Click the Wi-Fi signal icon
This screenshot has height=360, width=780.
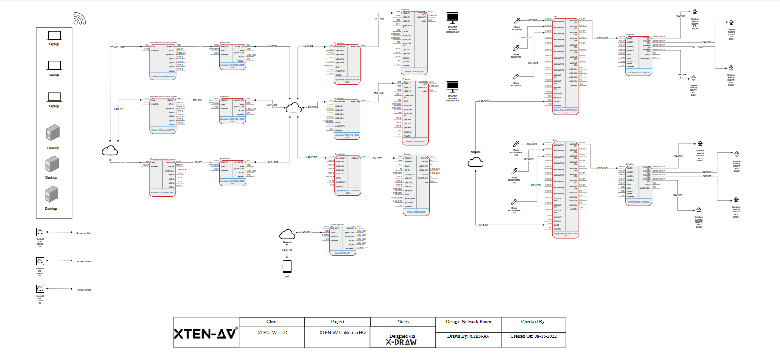tap(80, 19)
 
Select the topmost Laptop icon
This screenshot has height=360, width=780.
tap(54, 36)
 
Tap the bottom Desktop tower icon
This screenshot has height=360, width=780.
tap(51, 195)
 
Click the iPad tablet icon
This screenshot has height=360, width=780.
tap(287, 266)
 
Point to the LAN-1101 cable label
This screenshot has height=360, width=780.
tap(306, 232)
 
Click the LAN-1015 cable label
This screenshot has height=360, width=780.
tap(119, 47)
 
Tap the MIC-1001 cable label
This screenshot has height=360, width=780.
tap(532, 20)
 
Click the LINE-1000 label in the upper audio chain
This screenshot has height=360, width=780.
tap(603, 38)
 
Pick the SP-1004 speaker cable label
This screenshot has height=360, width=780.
tap(681, 74)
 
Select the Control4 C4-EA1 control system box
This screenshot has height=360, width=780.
tap(343, 239)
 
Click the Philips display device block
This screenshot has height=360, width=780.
tap(416, 185)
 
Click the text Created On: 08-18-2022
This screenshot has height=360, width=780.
tap(533, 336)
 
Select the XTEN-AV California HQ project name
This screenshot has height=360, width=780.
tap(342, 333)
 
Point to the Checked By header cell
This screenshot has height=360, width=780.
tap(533, 322)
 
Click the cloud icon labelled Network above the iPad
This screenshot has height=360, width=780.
tap(287, 235)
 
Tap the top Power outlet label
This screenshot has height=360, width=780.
tap(83, 233)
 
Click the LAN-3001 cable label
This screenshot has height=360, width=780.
tap(483, 101)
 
